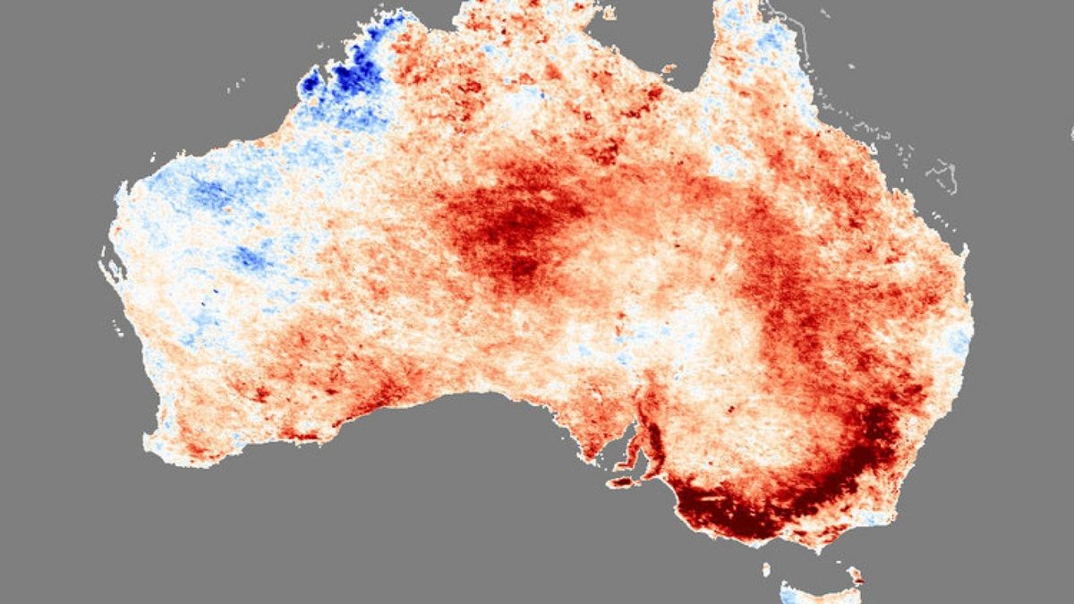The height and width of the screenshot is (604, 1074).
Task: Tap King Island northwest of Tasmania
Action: point(766,568)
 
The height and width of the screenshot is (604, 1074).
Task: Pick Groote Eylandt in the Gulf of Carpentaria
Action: point(667,67)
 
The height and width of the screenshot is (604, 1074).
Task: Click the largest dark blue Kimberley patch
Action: point(358,76)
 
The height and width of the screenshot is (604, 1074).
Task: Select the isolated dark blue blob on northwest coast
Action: point(311,86)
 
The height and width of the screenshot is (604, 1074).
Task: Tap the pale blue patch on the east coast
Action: point(959,340)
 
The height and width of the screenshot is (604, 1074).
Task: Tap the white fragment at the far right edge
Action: point(1070,132)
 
